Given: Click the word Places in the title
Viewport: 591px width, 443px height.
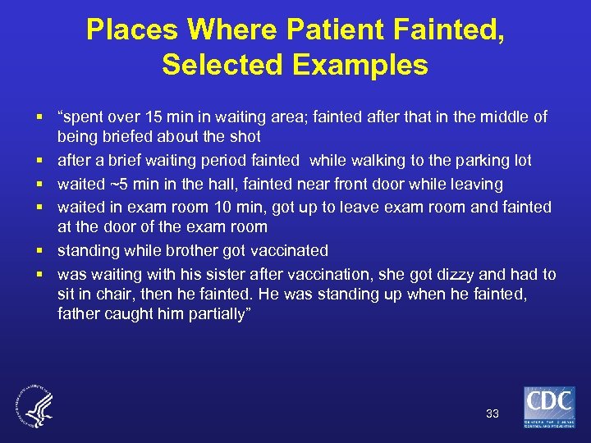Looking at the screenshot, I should pos(131,30).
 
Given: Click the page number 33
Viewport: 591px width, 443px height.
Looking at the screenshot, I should pos(492,413).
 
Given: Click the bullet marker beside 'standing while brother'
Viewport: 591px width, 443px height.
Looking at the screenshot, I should pos(39,251).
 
